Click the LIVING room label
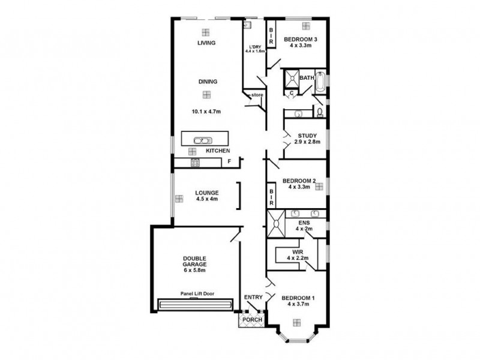point(206,43)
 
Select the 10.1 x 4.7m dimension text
point(206,111)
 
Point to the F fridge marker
point(229,162)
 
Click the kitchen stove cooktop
point(194,162)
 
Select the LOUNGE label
point(206,193)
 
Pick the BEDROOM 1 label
point(298,298)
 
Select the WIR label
point(297,251)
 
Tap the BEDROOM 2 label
point(298,181)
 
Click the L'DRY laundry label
point(255,47)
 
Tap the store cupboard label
point(257,95)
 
